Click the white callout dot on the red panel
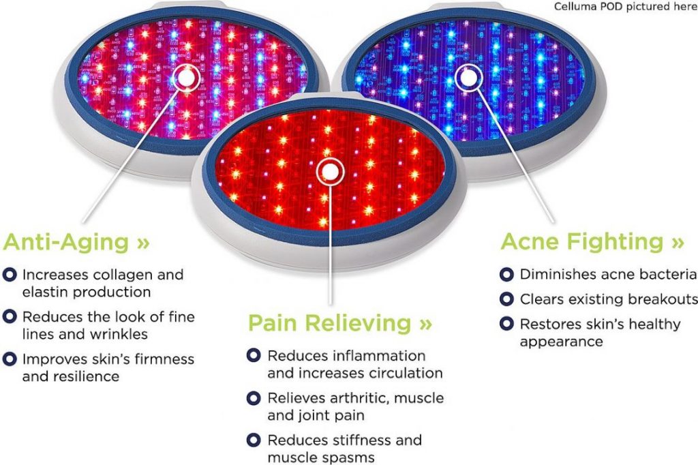pyautogui.click(x=330, y=172)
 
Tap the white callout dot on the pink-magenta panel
pyautogui.click(x=187, y=78)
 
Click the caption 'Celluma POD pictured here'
pyautogui.click(x=625, y=7)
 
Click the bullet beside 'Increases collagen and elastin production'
pyautogui.click(x=10, y=274)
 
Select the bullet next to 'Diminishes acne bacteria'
pyautogui.click(x=506, y=274)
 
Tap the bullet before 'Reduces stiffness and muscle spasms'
pyautogui.click(x=254, y=440)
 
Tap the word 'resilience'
pyautogui.click(x=87, y=376)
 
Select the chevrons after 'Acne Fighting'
pyautogui.click(x=677, y=243)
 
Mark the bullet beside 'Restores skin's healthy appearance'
pyautogui.click(x=506, y=324)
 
